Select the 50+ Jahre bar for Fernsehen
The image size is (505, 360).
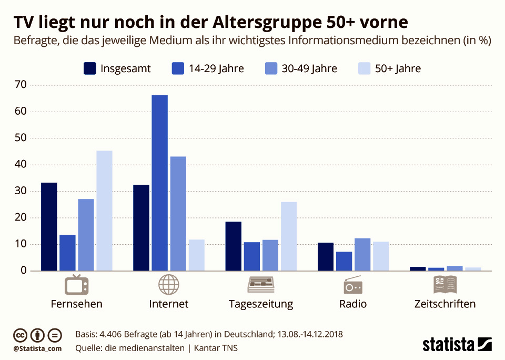pyautogui.click(x=104, y=211)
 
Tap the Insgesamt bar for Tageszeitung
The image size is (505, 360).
pyautogui.click(x=234, y=246)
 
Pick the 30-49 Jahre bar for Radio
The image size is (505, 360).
pyautogui.click(x=362, y=255)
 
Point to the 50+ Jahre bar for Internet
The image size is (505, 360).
pyautogui.click(x=196, y=255)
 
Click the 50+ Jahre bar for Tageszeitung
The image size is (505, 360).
pyautogui.click(x=289, y=236)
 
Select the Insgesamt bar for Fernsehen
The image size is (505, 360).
pyautogui.click(x=49, y=227)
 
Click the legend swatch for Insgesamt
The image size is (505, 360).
pyautogui.click(x=90, y=68)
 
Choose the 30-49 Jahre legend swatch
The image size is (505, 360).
pyautogui.click(x=271, y=68)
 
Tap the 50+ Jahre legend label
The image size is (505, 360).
pyautogui.click(x=398, y=68)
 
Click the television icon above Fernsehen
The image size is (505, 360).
pyautogui.click(x=76, y=285)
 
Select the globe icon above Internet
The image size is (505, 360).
pyautogui.click(x=168, y=285)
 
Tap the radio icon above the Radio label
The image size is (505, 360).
pyautogui.click(x=352, y=285)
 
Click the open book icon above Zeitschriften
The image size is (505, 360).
pyautogui.click(x=445, y=285)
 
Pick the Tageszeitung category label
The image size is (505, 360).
pyautogui.click(x=261, y=304)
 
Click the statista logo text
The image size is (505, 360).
pyautogui.click(x=448, y=345)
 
